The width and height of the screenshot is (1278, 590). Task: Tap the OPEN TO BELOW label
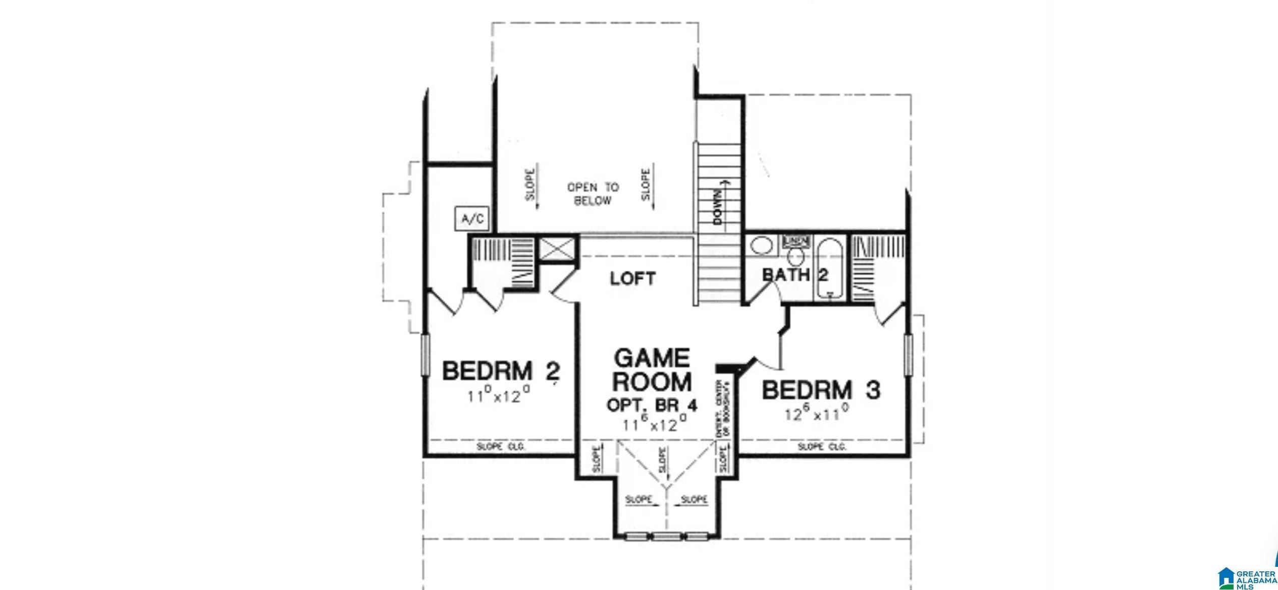tap(593, 194)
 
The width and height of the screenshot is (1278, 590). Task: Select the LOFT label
tap(632, 278)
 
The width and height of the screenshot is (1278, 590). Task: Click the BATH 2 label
tap(795, 275)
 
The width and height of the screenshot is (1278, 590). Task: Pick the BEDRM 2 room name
tap(501, 371)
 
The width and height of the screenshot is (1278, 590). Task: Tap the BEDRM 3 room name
tap(821, 390)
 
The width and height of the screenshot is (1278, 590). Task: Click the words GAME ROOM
tap(652, 370)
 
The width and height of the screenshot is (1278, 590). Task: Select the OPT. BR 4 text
tap(652, 405)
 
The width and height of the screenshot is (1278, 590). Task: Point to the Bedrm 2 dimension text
tap(500, 396)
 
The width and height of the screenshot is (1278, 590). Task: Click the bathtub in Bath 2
tap(830, 270)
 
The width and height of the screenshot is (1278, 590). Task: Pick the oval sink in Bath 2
tap(761, 247)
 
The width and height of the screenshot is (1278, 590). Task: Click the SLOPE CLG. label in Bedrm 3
tap(822, 447)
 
